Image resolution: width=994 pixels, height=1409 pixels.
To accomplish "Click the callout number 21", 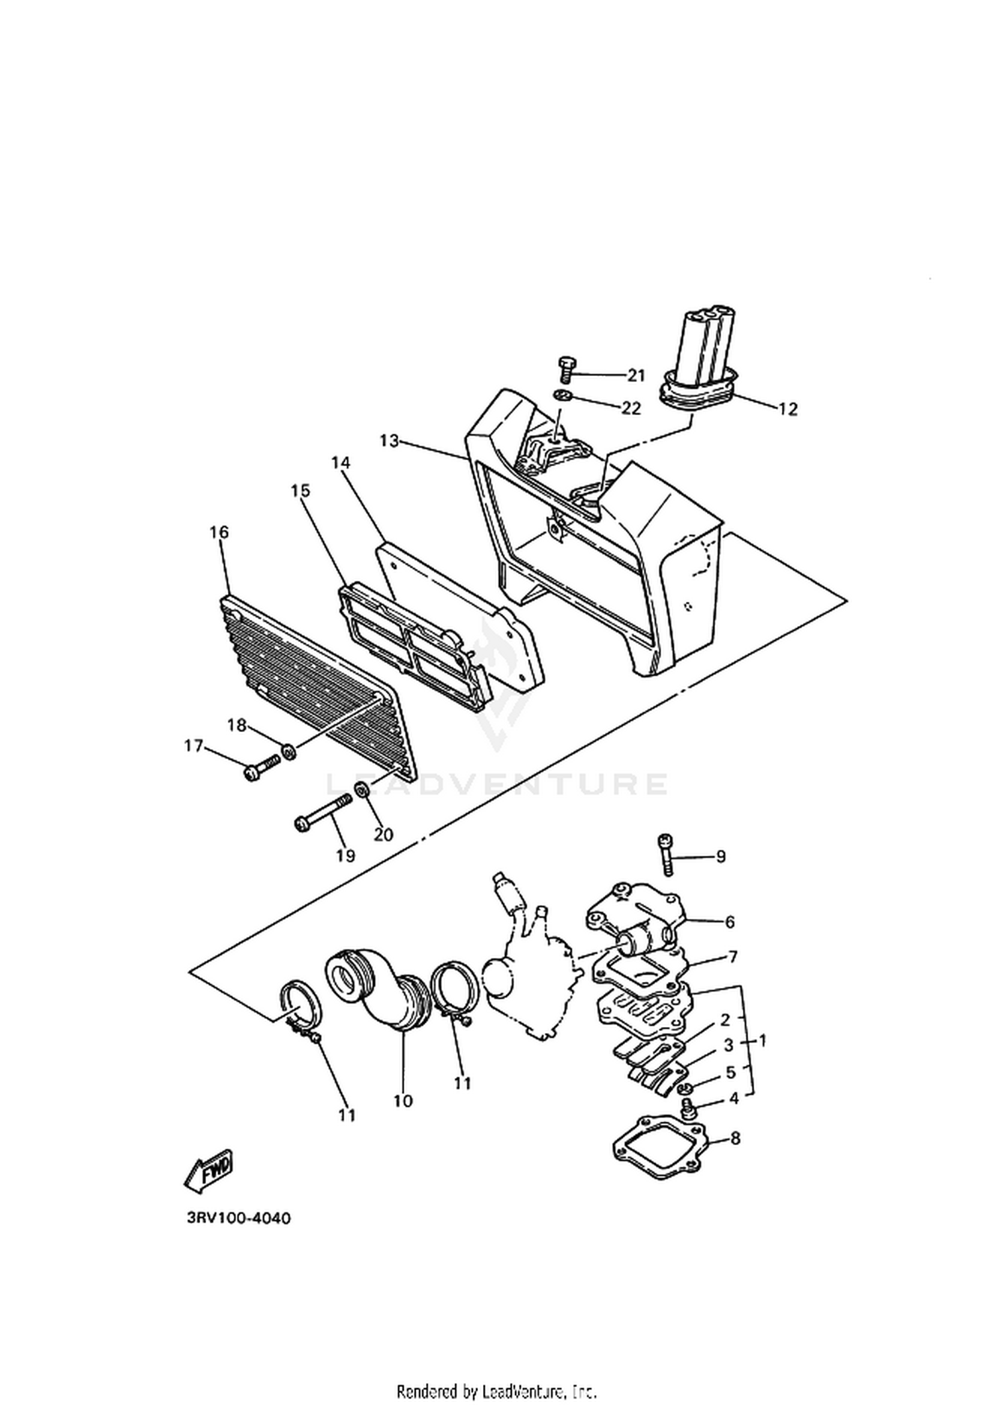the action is click(636, 376).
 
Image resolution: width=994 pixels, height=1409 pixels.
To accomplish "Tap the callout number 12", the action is click(788, 410).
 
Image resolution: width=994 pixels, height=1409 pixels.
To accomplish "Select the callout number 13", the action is click(390, 440).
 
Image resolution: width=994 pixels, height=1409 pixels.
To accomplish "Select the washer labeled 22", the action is click(564, 397).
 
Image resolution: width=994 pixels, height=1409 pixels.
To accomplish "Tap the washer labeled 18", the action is click(288, 752).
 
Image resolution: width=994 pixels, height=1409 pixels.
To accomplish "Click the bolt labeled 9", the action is click(665, 855).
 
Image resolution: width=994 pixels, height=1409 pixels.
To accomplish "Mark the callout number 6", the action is click(730, 922).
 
